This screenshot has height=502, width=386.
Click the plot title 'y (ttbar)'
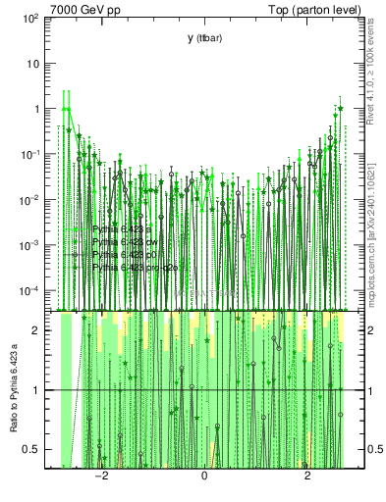pyautogui.click(x=204, y=37)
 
